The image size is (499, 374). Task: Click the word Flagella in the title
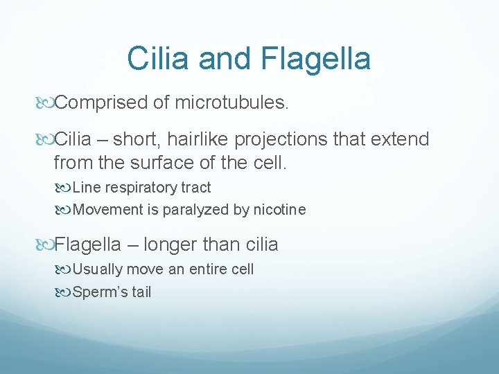pos(316,59)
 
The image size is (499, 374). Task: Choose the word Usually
pos(98,269)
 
